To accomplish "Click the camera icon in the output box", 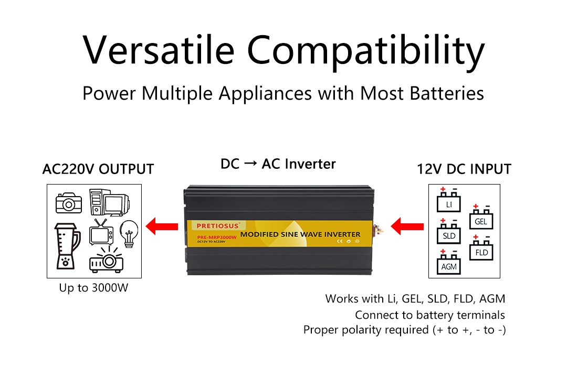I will pyautogui.click(x=69, y=202).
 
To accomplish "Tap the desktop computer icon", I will pyautogui.click(x=108, y=202).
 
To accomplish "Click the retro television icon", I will pyautogui.click(x=101, y=231).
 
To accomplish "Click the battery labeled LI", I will pyautogui.click(x=449, y=202).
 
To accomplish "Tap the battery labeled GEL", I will pyautogui.click(x=480, y=219).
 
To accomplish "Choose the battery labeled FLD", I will pyautogui.click(x=481, y=250).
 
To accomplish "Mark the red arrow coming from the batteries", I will pyautogui.click(x=408, y=227).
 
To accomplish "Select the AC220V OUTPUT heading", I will pyautogui.click(x=98, y=169).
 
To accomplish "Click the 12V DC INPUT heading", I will pyautogui.click(x=464, y=169).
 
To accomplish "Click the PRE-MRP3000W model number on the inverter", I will pyautogui.click(x=217, y=236).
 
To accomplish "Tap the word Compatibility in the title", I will pyautogui.click(x=366, y=51).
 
